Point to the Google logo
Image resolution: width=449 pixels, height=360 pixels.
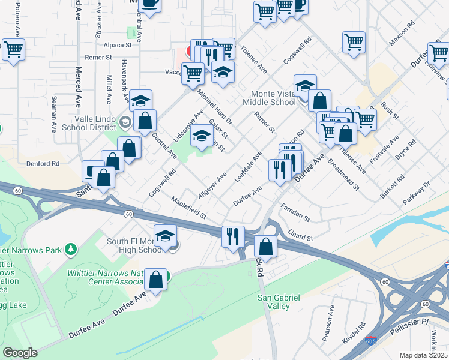tap(20, 353)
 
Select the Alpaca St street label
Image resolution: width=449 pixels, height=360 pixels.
tap(118, 45)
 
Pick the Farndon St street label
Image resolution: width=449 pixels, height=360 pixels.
tap(294, 212)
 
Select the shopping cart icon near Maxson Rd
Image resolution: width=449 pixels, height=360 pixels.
tap(354, 42)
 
